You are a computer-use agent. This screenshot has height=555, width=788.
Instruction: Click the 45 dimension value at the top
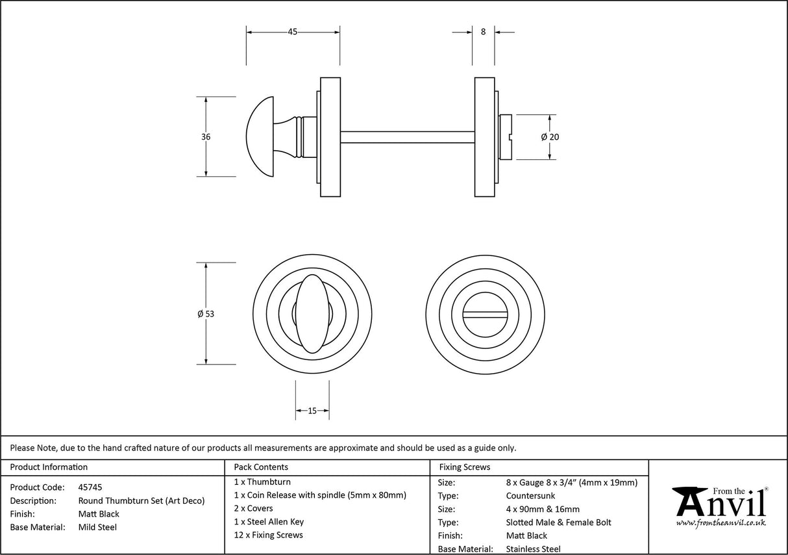[292, 32]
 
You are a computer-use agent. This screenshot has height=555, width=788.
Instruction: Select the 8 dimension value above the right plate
[483, 32]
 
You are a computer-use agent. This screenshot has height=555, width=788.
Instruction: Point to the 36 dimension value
[206, 137]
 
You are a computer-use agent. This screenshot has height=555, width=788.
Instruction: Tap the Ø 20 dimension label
[549, 137]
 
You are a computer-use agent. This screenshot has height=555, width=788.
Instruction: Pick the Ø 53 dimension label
[206, 314]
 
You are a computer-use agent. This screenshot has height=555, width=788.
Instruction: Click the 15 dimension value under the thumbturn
[312, 411]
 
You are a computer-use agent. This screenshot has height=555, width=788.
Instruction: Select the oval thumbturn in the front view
[311, 314]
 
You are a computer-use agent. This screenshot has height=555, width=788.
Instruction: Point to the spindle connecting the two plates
[407, 137]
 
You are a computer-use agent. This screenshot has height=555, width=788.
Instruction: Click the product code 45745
[90, 487]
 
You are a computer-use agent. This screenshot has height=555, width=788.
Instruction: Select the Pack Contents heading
[261, 467]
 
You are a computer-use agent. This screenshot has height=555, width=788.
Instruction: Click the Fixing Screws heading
[465, 467]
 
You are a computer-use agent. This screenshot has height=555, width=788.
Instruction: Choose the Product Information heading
[49, 467]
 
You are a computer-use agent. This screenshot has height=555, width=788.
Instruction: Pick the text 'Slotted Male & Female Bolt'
[558, 523]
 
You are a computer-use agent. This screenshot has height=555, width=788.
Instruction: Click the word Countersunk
[530, 496]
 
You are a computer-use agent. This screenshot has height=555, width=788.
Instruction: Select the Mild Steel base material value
[97, 527]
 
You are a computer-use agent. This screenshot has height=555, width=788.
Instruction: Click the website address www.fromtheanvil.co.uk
[720, 523]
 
